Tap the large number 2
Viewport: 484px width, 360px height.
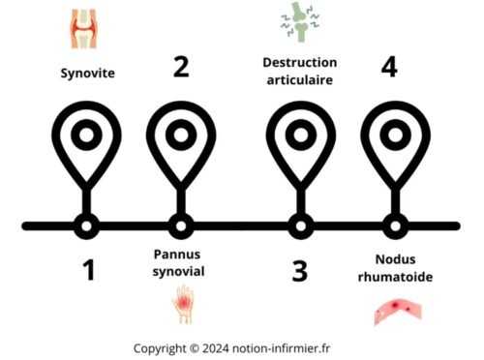[x=180, y=66]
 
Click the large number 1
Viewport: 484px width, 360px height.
[x=88, y=270]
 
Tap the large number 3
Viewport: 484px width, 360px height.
[x=300, y=270]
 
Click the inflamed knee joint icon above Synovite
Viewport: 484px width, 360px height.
[x=85, y=29]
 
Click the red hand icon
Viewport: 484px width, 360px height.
[x=182, y=306]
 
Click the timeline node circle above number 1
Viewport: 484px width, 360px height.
[x=86, y=226]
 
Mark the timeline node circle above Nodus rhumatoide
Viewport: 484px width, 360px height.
[x=394, y=226]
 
